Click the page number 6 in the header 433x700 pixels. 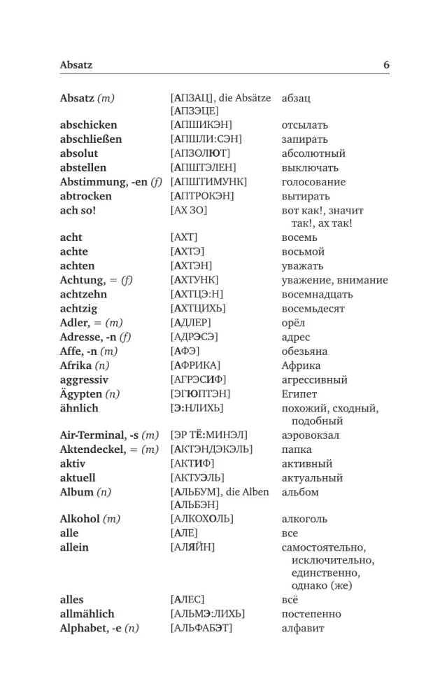[386, 65]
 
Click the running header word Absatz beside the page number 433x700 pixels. [76, 66]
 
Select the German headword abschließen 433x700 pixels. [91, 139]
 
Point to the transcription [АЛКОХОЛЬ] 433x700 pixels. [201, 519]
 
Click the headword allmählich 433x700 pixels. [87, 614]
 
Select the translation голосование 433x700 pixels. [313, 182]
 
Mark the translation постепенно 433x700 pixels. [311, 614]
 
